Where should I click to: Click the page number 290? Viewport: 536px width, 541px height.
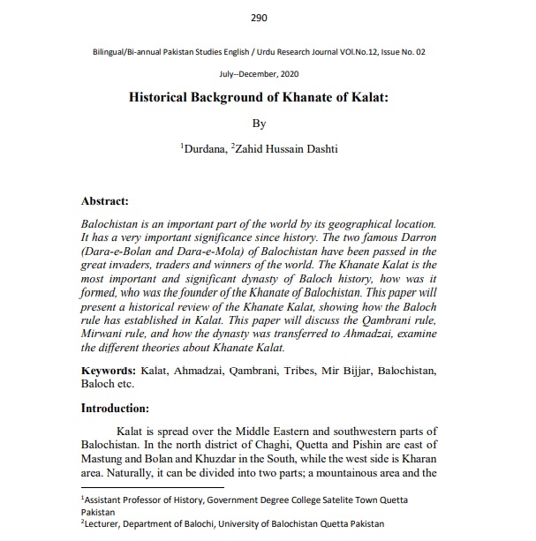(x=259, y=18)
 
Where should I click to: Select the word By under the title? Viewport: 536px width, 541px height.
(x=260, y=124)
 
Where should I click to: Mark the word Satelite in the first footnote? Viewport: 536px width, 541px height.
(x=319, y=500)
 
